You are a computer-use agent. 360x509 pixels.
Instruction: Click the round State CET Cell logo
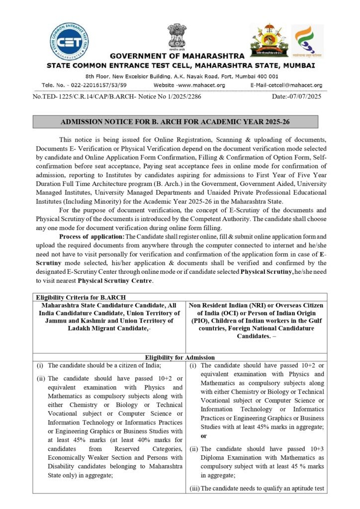pyautogui.click(x=70, y=42)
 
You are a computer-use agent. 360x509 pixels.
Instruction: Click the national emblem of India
pyautogui.click(x=177, y=37)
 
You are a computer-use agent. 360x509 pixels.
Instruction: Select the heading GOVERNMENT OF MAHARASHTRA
pyautogui.click(x=177, y=56)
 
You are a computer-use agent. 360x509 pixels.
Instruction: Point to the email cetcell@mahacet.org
pyautogui.click(x=286, y=85)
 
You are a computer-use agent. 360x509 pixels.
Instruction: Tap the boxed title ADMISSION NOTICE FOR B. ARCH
pyautogui.click(x=175, y=121)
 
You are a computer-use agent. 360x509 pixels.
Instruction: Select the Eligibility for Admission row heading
pyautogui.click(x=179, y=357)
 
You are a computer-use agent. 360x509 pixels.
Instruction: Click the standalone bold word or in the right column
pyautogui.click(x=203, y=436)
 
